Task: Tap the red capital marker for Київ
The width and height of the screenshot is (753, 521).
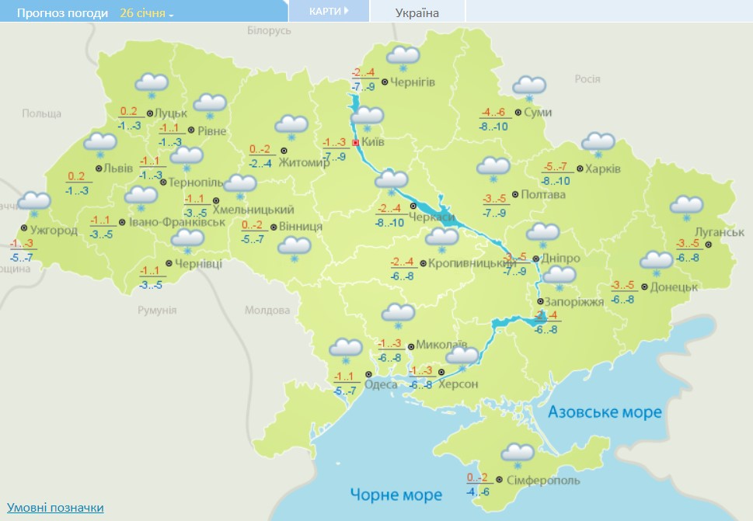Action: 355,143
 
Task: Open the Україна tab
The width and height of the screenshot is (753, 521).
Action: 417,12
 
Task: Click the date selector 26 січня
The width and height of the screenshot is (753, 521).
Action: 147,13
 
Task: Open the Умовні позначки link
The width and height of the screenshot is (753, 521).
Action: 55,507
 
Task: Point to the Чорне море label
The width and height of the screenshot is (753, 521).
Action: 396,495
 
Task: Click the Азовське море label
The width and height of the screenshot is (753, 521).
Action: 605,412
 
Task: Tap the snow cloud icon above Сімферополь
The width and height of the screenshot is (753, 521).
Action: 518,455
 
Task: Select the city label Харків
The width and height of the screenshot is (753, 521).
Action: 603,169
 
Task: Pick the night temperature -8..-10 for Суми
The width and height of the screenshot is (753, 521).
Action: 493,127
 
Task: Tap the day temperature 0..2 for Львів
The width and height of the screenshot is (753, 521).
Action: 76,176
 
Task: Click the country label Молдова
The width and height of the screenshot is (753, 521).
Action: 267,311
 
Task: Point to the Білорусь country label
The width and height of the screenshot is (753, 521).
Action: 269,30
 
